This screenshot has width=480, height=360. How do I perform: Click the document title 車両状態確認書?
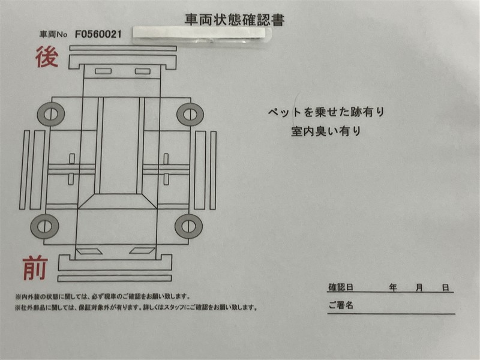pyautogui.click(x=235, y=20)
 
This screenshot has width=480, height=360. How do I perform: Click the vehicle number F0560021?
pyautogui.click(x=98, y=34)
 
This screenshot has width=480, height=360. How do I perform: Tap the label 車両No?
pyautogui.click(x=53, y=34)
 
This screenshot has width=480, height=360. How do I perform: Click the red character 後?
pyautogui.click(x=47, y=57)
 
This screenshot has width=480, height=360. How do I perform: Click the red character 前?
pyautogui.click(x=35, y=268)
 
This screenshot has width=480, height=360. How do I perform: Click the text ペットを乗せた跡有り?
pyautogui.click(x=326, y=112)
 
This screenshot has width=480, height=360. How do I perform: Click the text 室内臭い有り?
pyautogui.click(x=326, y=131)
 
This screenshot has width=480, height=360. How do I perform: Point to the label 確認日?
pyautogui.click(x=341, y=287)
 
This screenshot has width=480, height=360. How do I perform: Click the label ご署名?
pyautogui.click(x=341, y=305)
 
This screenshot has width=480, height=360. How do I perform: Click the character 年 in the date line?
pyautogui.click(x=393, y=287)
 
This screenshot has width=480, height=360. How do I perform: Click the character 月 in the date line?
pyautogui.click(x=419, y=287)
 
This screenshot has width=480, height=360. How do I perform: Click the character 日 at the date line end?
pyautogui.click(x=445, y=287)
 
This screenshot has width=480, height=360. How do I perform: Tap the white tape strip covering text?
pyautogui.click(x=202, y=33)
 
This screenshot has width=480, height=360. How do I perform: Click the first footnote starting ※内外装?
pyautogui.click(x=103, y=296)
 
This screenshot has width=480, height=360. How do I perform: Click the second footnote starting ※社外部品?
pyautogui.click(x=136, y=307)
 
